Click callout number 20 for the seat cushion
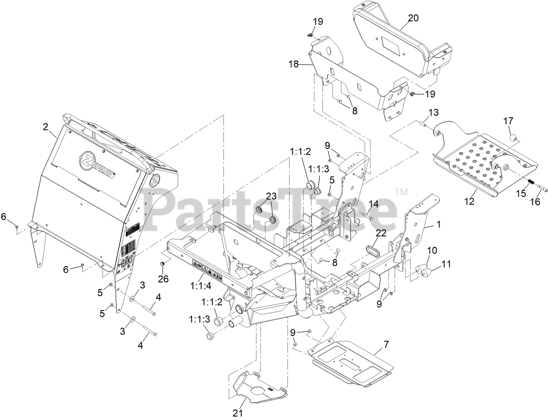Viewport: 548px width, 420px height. pyautogui.click(x=413, y=18)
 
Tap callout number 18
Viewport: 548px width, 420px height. pyautogui.click(x=294, y=64)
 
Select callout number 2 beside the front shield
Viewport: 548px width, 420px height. pyautogui.click(x=45, y=127)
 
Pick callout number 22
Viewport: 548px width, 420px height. pyautogui.click(x=381, y=233)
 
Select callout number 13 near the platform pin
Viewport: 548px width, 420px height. pyautogui.click(x=433, y=113)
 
